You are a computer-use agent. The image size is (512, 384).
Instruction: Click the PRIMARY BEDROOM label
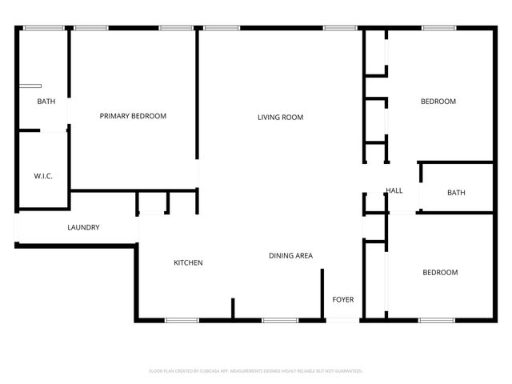tap(133, 116)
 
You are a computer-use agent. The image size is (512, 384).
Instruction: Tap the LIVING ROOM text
tap(280, 118)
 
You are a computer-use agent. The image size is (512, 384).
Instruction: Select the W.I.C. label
tap(43, 176)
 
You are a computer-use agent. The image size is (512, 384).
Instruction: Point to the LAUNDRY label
tap(83, 227)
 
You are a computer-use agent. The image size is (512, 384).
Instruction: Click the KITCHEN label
tap(189, 262)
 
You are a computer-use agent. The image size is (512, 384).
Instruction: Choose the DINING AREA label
tap(290, 256)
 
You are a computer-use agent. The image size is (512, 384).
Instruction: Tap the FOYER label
tap(343, 300)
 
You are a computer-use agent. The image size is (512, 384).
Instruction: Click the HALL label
tap(394, 190)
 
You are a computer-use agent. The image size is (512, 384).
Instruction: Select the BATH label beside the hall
tap(456, 193)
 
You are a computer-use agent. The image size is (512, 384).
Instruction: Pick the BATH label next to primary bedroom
tap(46, 102)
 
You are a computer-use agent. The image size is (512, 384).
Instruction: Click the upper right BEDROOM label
tap(438, 102)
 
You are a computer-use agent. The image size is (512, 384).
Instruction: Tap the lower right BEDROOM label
tap(440, 273)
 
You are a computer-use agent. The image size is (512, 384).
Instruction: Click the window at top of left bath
tap(43, 29)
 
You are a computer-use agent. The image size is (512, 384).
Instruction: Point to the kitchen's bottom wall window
tap(182, 321)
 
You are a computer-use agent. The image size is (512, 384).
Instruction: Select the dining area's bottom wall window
tap(280, 321)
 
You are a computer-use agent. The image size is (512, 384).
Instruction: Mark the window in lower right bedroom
tap(437, 321)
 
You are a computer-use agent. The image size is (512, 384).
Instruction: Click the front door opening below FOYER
tap(343, 321)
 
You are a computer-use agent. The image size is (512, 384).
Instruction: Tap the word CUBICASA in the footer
tap(207, 371)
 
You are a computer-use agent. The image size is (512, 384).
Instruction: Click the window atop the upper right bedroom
tap(438, 29)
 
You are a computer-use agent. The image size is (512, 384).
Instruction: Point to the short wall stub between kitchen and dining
tap(233, 309)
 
